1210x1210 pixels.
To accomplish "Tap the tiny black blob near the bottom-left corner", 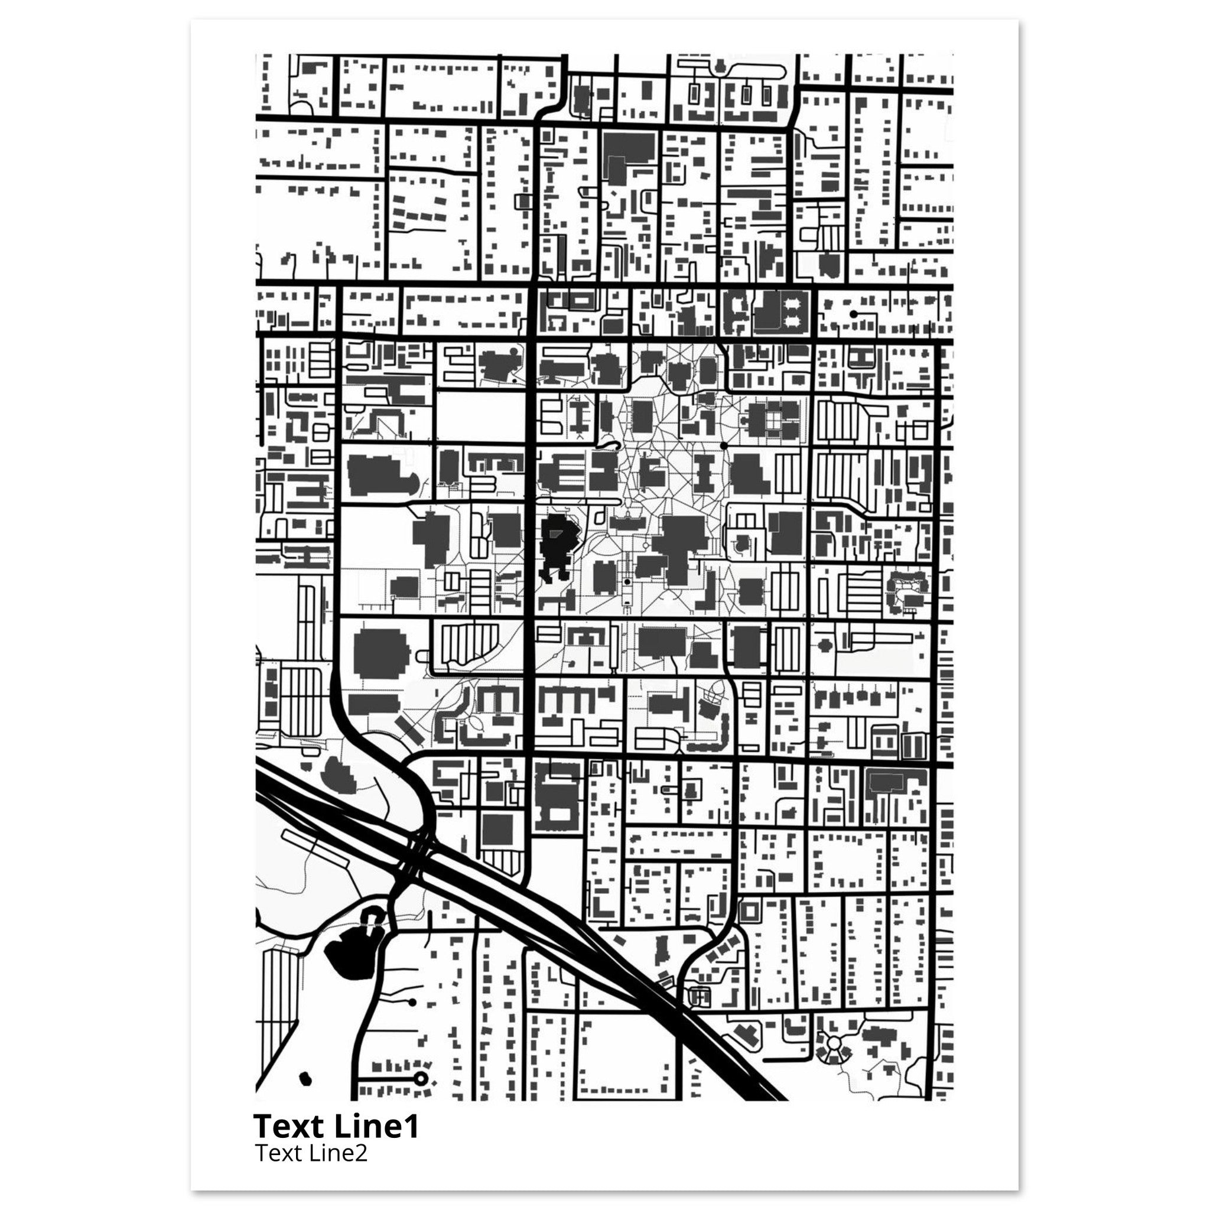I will tap(305, 1078).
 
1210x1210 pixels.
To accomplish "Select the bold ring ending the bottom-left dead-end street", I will tap(420, 1078).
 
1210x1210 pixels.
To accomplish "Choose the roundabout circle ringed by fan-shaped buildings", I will tap(834, 1043).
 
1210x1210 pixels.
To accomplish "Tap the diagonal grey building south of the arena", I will tap(407, 730).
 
